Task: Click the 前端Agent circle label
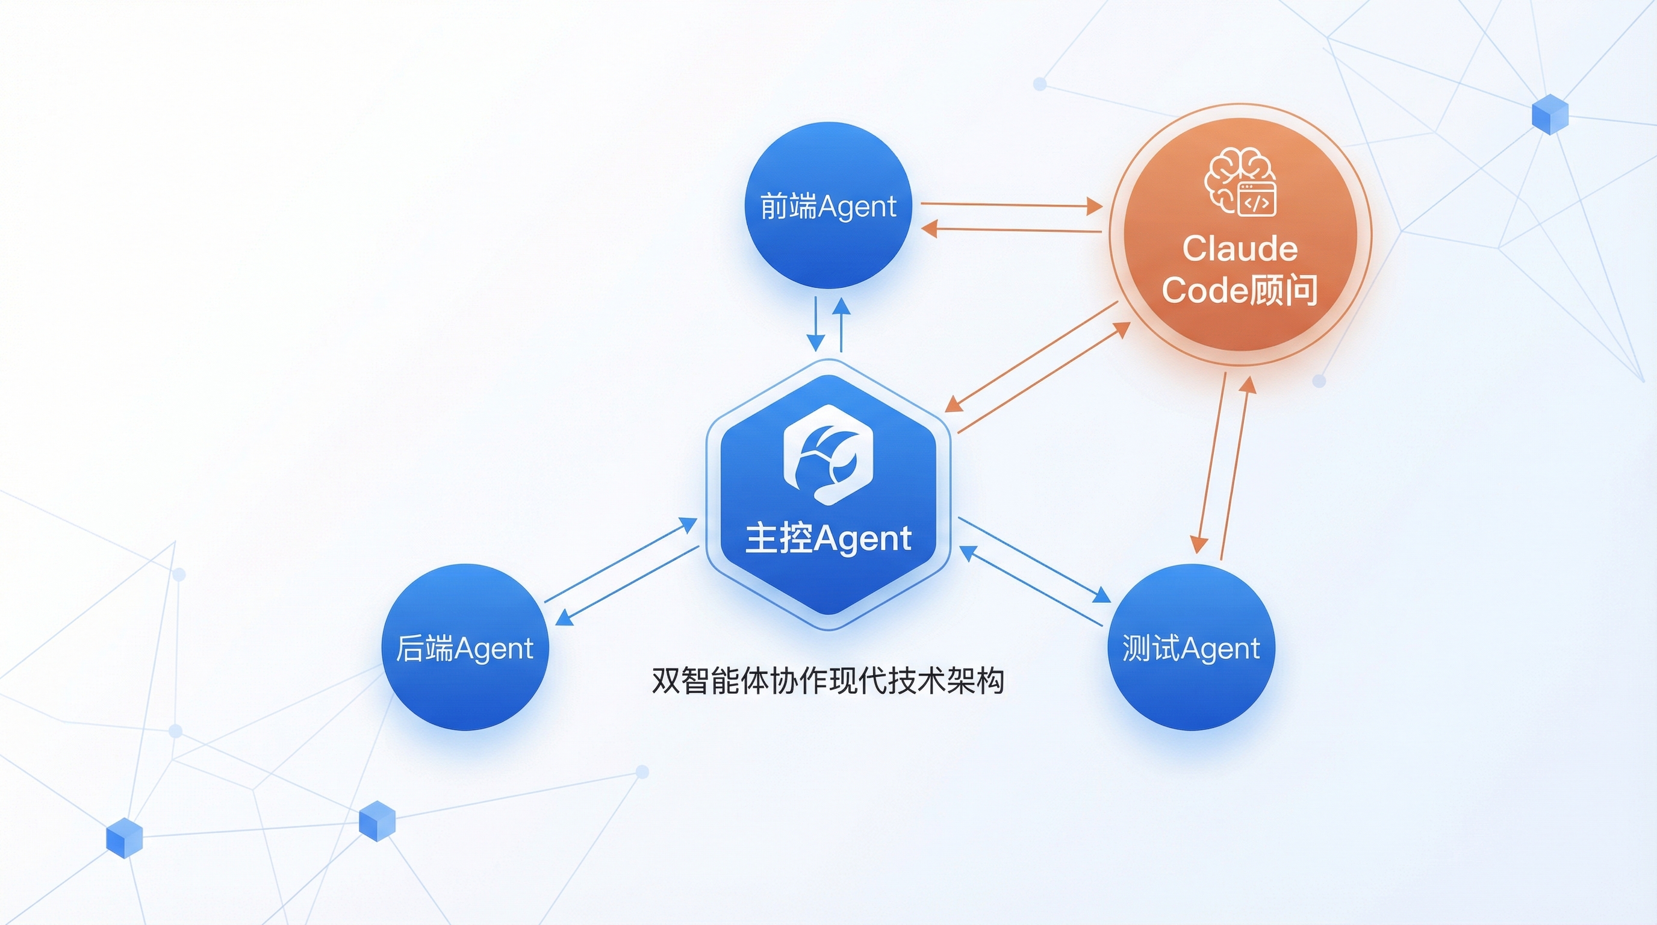[x=828, y=207]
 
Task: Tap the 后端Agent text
[x=464, y=648]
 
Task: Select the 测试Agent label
[x=1190, y=648]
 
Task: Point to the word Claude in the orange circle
[x=1240, y=249]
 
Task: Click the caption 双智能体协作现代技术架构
[x=828, y=681]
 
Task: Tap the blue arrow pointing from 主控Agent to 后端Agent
[x=627, y=585]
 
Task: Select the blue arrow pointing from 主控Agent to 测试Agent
[x=1034, y=559]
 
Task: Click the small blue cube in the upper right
[x=1550, y=114]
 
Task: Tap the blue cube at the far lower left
[x=124, y=838]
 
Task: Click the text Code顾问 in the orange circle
[x=1240, y=290]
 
